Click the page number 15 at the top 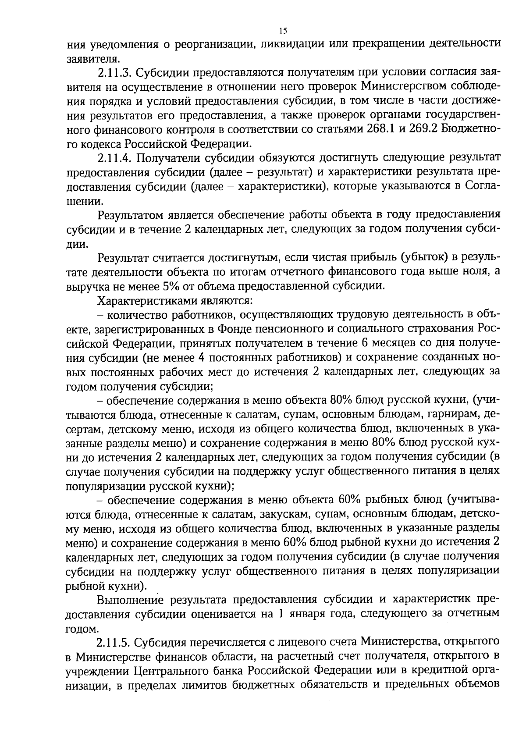click(x=282, y=31)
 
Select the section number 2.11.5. click(x=114, y=642)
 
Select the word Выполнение click(x=130, y=599)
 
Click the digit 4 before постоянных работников click(x=202, y=358)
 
